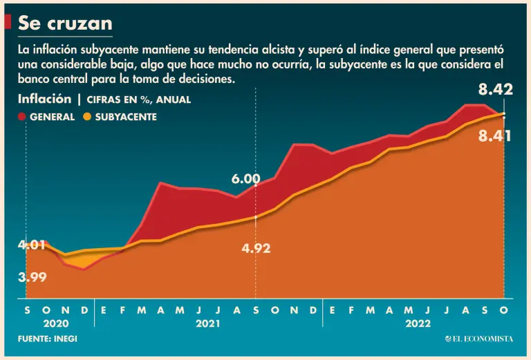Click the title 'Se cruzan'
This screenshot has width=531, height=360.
(x=65, y=23)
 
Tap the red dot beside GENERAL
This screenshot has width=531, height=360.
(x=22, y=117)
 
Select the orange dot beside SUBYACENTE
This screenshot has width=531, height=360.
(x=87, y=117)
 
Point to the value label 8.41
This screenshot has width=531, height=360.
(x=494, y=136)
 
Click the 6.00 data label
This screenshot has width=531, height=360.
(x=245, y=180)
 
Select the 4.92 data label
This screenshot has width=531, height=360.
(x=256, y=248)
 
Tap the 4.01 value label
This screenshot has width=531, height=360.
(x=32, y=245)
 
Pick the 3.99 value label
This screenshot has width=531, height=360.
(x=32, y=278)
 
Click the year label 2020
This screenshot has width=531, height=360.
(x=56, y=323)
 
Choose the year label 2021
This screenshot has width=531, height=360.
(x=207, y=323)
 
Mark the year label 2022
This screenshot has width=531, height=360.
(x=418, y=323)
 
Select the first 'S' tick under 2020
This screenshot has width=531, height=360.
(x=27, y=311)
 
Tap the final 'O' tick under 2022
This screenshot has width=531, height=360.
(x=503, y=311)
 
